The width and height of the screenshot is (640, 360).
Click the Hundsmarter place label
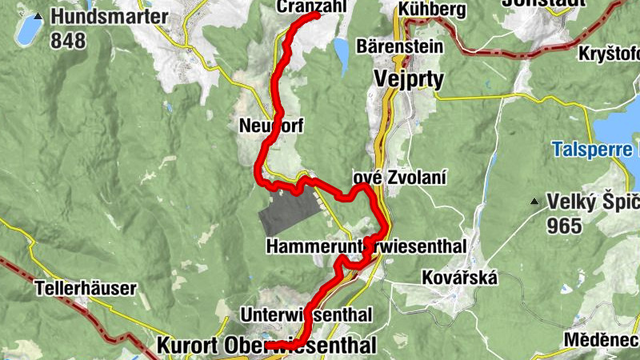click(x=110, y=17)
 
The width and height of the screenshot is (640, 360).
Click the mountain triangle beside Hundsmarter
click(x=38, y=16)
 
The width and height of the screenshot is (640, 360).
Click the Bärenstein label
click(x=400, y=46)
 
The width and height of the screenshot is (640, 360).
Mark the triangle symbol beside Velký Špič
click(x=534, y=202)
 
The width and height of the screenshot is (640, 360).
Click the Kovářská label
click(x=460, y=278)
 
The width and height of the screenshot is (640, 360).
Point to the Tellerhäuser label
click(x=86, y=287)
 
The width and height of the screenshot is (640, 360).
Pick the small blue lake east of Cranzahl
click(x=342, y=53)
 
